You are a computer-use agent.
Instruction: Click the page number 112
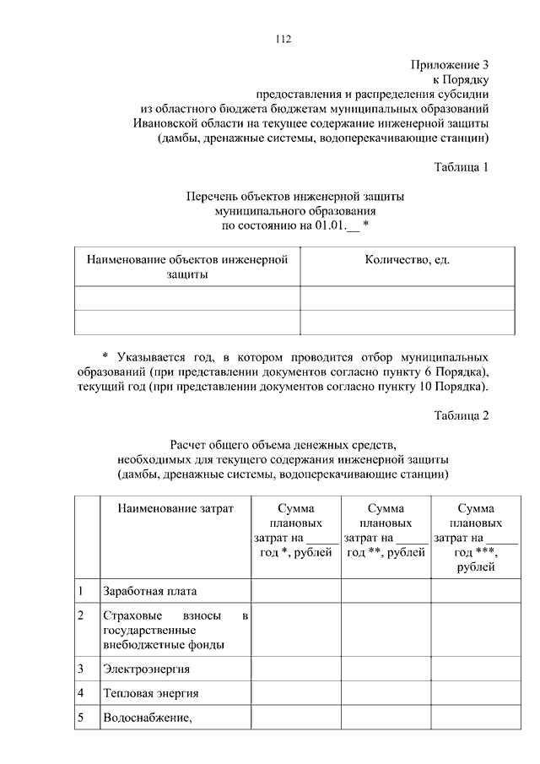click(283, 40)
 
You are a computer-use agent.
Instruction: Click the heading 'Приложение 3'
click(450, 64)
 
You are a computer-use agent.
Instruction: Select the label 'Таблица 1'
click(461, 166)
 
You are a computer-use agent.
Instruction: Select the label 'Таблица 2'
click(461, 415)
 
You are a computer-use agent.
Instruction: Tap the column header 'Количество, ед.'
click(407, 260)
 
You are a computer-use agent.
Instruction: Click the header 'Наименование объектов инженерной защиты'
click(187, 267)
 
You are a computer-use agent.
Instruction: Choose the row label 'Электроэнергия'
click(146, 669)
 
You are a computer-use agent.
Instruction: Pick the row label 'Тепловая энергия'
click(150, 694)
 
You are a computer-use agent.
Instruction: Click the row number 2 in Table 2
click(80, 616)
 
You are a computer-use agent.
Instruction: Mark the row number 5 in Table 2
click(80, 719)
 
